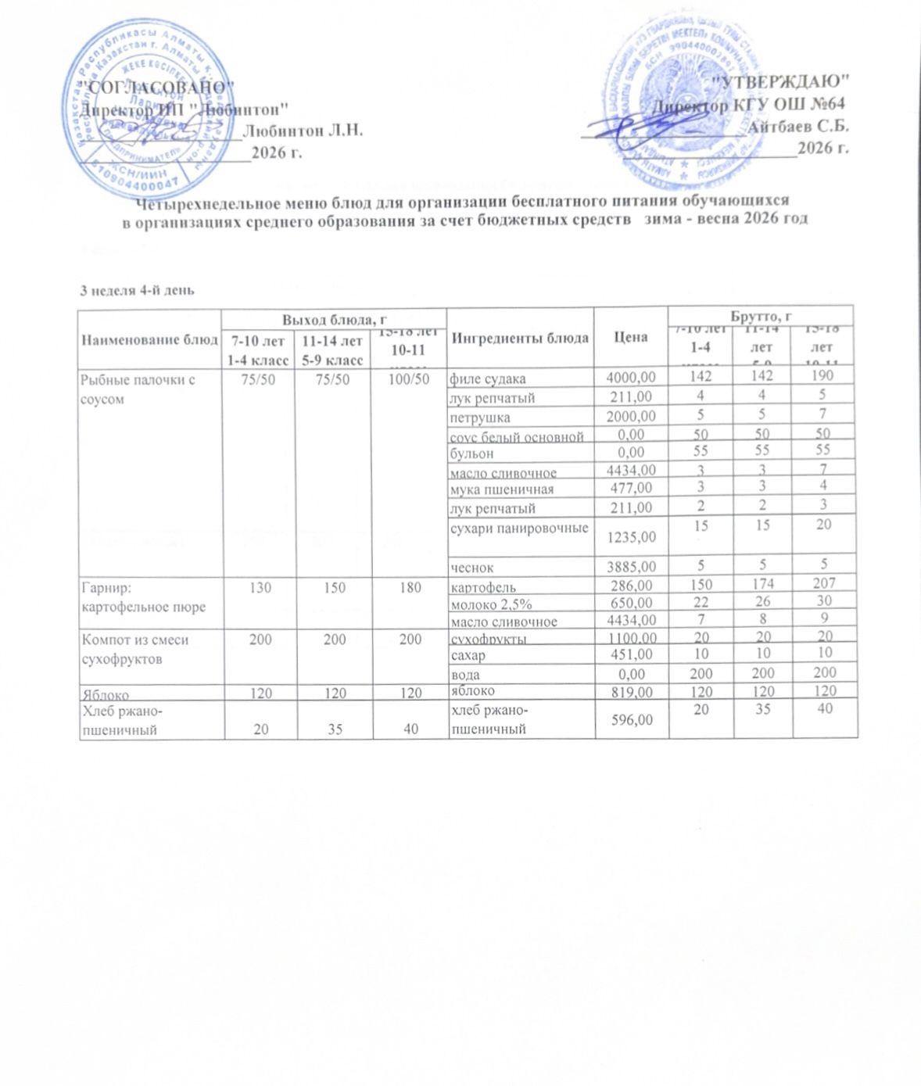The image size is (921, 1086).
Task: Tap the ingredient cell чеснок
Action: click(x=470, y=565)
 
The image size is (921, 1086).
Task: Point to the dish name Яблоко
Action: click(x=106, y=694)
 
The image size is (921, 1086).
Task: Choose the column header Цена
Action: click(x=630, y=337)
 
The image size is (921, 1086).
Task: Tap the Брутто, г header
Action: click(x=762, y=316)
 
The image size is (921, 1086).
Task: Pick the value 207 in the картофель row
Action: click(x=824, y=583)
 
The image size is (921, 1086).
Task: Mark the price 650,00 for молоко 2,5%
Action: click(x=634, y=604)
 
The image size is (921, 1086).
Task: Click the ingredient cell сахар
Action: click(x=466, y=655)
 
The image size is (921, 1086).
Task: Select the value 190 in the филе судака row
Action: click(x=824, y=375)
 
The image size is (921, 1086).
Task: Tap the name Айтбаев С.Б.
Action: click(x=798, y=125)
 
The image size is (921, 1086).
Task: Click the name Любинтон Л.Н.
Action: click(x=303, y=131)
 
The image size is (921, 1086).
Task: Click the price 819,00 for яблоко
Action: click(x=634, y=691)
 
